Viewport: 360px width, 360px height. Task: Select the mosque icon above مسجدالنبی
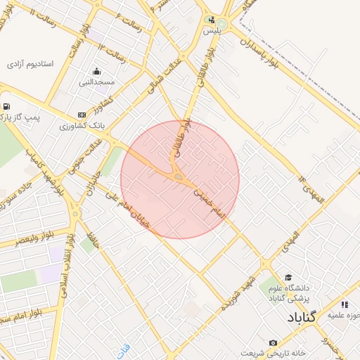coord(96,71)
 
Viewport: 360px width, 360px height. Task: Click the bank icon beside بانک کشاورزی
coord(82,114)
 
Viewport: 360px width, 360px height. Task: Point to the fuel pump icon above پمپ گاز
coord(6,107)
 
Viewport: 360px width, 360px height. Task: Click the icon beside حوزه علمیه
coord(345,304)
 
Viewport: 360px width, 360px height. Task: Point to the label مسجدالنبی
coord(98,82)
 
